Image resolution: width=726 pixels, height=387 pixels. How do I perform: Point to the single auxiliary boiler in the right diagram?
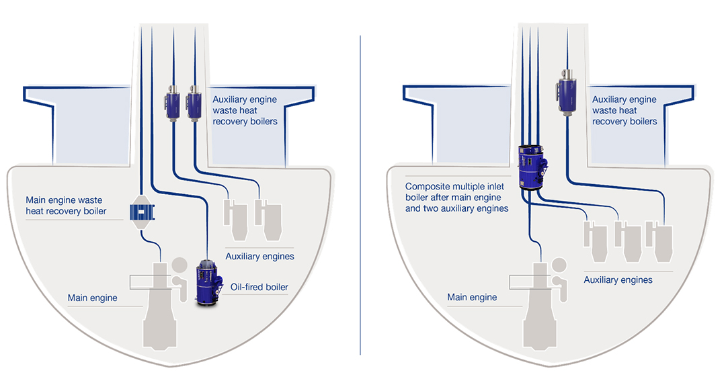coord(567,90)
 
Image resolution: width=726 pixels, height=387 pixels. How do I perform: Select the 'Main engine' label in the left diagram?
coord(92,298)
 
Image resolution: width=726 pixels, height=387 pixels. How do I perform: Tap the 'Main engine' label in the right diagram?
coord(473,297)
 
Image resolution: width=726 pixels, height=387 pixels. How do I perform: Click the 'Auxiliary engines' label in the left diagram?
coord(259,256)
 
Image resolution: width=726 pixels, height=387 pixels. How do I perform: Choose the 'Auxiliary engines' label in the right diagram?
coord(618,279)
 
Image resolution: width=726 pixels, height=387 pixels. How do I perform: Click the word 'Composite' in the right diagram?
coord(426,186)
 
